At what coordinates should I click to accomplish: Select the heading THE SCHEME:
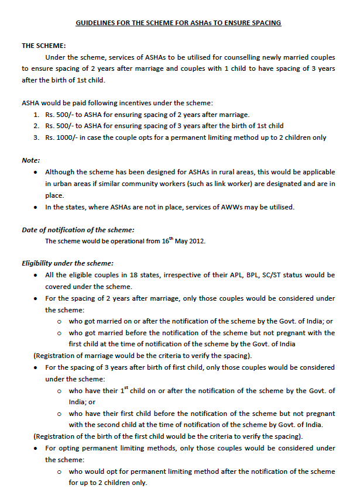tap(44, 45)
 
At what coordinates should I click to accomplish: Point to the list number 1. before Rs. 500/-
tap(36, 114)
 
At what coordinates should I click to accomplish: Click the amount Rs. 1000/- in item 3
tap(61, 137)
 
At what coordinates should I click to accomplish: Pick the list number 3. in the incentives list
tap(36, 137)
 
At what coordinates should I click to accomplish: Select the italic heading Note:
tap(31, 160)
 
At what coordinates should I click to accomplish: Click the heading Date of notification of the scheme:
tap(78, 229)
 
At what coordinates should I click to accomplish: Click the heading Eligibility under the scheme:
tap(68, 263)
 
